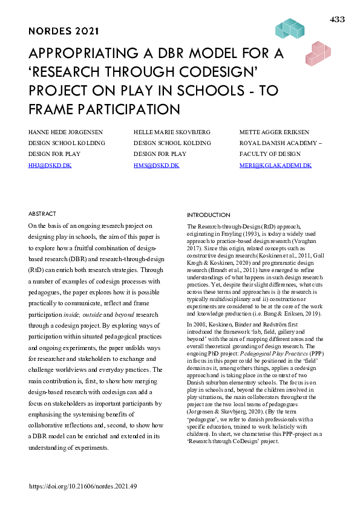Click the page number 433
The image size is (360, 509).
[337, 20]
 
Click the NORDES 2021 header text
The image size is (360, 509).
[64, 31]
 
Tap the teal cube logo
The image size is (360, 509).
[289, 28]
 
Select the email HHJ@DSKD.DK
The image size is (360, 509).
[50, 165]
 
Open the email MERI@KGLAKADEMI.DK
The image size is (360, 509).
[275, 165]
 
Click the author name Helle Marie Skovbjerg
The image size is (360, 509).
[171, 132]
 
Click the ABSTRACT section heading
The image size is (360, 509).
[42, 214]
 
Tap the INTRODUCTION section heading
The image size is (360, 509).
[209, 215]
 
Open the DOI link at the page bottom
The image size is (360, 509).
[83, 485]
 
